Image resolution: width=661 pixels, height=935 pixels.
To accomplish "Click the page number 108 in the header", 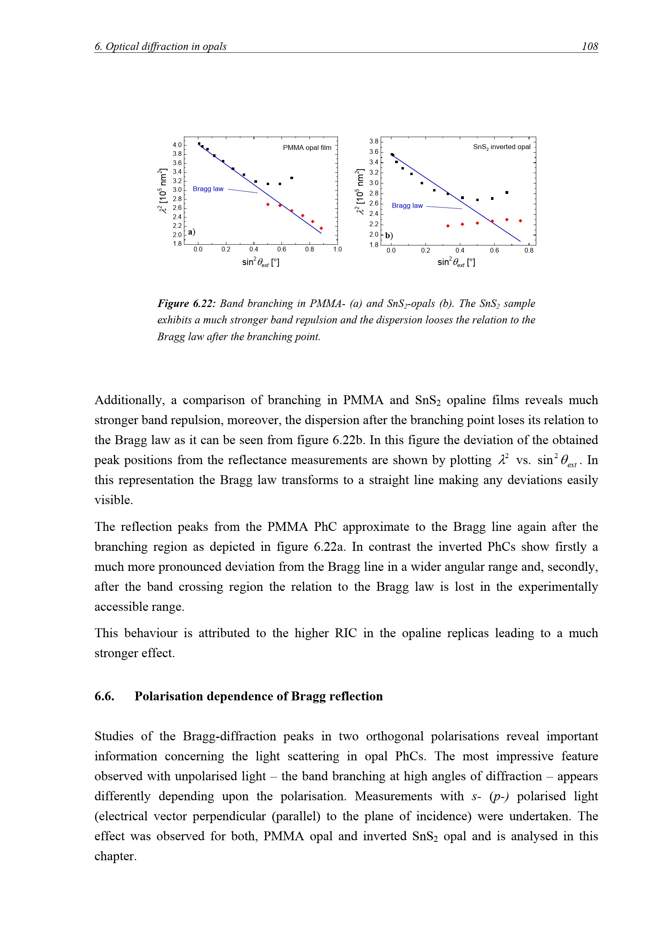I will [x=589, y=46].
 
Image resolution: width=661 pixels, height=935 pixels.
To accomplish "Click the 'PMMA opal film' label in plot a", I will [x=307, y=148].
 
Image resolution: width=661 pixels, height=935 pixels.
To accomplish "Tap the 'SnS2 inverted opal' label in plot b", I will [x=501, y=147].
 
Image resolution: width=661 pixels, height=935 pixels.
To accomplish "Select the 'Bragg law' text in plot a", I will [x=208, y=189].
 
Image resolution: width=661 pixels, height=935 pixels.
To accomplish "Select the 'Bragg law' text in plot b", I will [x=407, y=205].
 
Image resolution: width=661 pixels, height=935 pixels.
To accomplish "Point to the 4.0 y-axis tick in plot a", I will [x=177, y=145].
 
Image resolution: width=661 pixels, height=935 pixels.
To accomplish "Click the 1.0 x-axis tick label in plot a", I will [x=337, y=249].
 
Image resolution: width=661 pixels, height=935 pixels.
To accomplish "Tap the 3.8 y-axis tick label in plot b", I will [x=374, y=141].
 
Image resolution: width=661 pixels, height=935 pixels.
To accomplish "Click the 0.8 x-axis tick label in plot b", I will [x=529, y=251].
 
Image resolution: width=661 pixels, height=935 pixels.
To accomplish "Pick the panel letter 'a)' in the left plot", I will [x=192, y=232].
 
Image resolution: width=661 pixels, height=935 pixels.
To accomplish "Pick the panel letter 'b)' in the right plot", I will [x=389, y=235].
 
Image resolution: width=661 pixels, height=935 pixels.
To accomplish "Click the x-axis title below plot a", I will [x=261, y=262].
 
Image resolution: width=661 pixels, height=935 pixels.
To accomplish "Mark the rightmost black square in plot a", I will [x=292, y=178].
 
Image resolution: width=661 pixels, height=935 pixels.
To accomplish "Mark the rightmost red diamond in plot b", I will [x=521, y=221].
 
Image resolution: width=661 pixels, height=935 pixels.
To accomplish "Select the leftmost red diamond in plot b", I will [x=448, y=226].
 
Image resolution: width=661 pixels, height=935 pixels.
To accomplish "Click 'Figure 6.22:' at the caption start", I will [x=186, y=304].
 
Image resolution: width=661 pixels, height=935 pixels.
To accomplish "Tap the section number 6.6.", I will [x=104, y=696].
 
